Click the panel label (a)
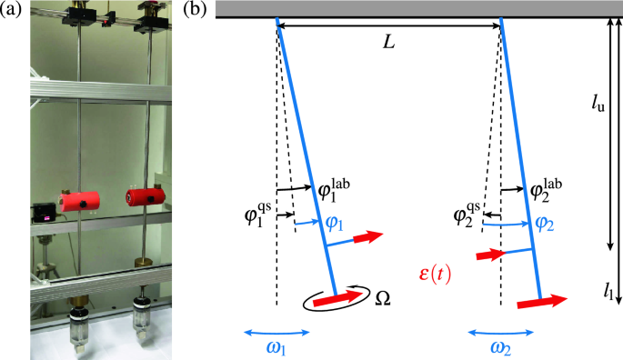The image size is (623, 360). click(x=14, y=11)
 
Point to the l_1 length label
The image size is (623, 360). click(x=607, y=291)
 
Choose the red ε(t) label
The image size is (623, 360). click(x=443, y=274)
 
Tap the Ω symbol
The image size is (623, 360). click(x=384, y=299)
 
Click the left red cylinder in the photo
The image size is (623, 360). click(x=78, y=203)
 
